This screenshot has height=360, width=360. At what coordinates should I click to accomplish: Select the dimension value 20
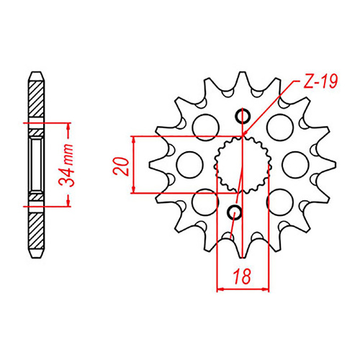coord(122,165)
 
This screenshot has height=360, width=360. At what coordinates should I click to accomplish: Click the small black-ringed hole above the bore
coord(243,116)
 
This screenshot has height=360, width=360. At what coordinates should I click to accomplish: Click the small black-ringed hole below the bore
coord(235,211)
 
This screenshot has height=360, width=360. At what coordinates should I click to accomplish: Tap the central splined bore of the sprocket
coord(243,164)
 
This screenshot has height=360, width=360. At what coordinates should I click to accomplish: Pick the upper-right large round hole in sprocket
coord(279,127)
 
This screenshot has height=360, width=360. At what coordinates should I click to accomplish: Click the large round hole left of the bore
coord(189,165)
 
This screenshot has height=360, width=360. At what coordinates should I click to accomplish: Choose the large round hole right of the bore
coord(295,165)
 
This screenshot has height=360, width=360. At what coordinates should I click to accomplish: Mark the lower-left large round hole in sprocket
coord(206,202)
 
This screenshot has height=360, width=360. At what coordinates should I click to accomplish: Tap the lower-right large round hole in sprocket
coord(279,202)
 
